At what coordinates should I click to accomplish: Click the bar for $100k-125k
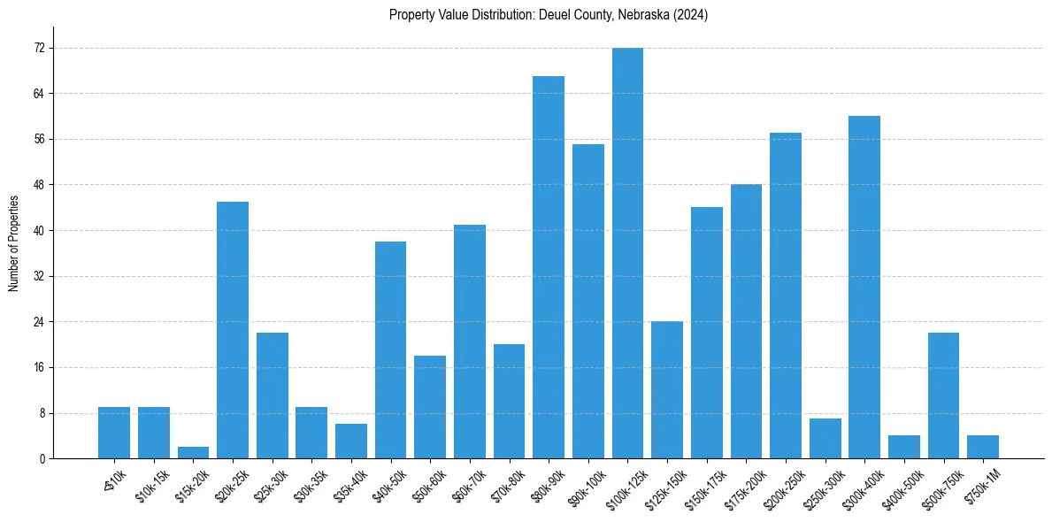point(627,253)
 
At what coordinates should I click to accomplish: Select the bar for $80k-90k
point(549,267)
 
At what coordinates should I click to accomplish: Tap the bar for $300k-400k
point(864,287)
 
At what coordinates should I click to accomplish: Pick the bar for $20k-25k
point(233,330)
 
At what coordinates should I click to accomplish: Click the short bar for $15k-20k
point(193,453)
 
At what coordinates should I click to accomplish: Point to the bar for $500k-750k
point(943,395)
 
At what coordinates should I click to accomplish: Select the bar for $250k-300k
point(825,439)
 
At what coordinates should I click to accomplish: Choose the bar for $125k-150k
point(667,390)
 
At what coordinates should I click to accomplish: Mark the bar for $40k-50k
point(390,349)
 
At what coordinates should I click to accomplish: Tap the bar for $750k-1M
point(983,447)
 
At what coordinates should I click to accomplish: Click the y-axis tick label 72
point(39,48)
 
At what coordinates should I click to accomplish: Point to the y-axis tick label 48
point(39,185)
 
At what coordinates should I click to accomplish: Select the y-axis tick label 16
point(39,367)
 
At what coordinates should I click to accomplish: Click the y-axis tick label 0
point(42,459)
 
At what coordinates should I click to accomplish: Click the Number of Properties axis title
point(13,243)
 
